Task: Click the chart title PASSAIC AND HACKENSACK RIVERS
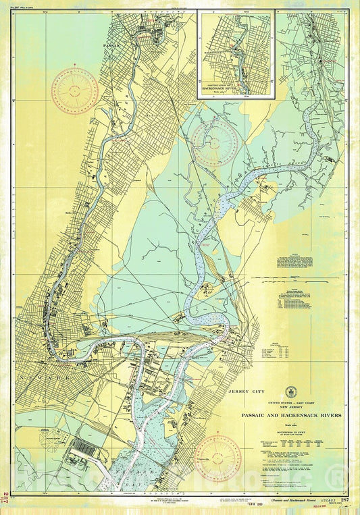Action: pyautogui.click(x=291, y=415)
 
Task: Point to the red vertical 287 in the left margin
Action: pyautogui.click(x=6, y=496)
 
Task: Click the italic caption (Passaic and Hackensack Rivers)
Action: pyautogui.click(x=292, y=500)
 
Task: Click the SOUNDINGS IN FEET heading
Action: pyautogui.click(x=291, y=429)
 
